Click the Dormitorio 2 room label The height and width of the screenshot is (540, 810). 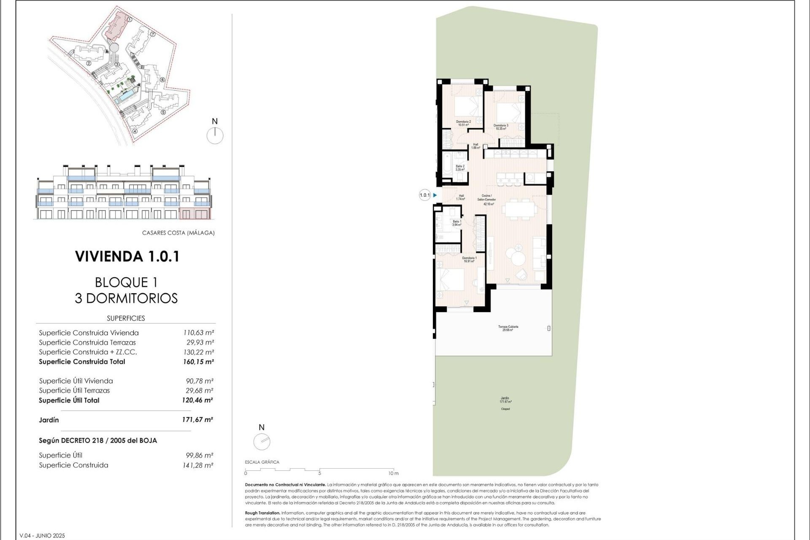coord(463,123)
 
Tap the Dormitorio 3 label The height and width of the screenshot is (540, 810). coord(501,127)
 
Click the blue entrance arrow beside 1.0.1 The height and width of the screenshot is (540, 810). coord(435,195)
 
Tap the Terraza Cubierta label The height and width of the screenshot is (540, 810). coord(508,328)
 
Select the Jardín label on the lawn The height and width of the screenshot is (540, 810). coord(505,400)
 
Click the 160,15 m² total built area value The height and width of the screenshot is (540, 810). coord(198,362)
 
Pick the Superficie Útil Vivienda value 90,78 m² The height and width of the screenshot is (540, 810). coord(199,381)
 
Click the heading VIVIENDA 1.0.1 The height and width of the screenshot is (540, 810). coord(127,256)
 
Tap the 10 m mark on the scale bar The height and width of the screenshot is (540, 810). coord(393,473)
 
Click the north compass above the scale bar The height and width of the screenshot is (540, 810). coord(262,442)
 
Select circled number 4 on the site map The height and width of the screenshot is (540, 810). coord(135,131)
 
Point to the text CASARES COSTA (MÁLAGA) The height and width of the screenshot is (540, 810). coord(178,233)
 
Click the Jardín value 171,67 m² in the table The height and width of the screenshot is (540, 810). coord(197,420)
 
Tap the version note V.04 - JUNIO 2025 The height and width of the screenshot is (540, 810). coord(42,536)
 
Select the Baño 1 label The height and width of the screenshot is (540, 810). coord(456,223)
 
